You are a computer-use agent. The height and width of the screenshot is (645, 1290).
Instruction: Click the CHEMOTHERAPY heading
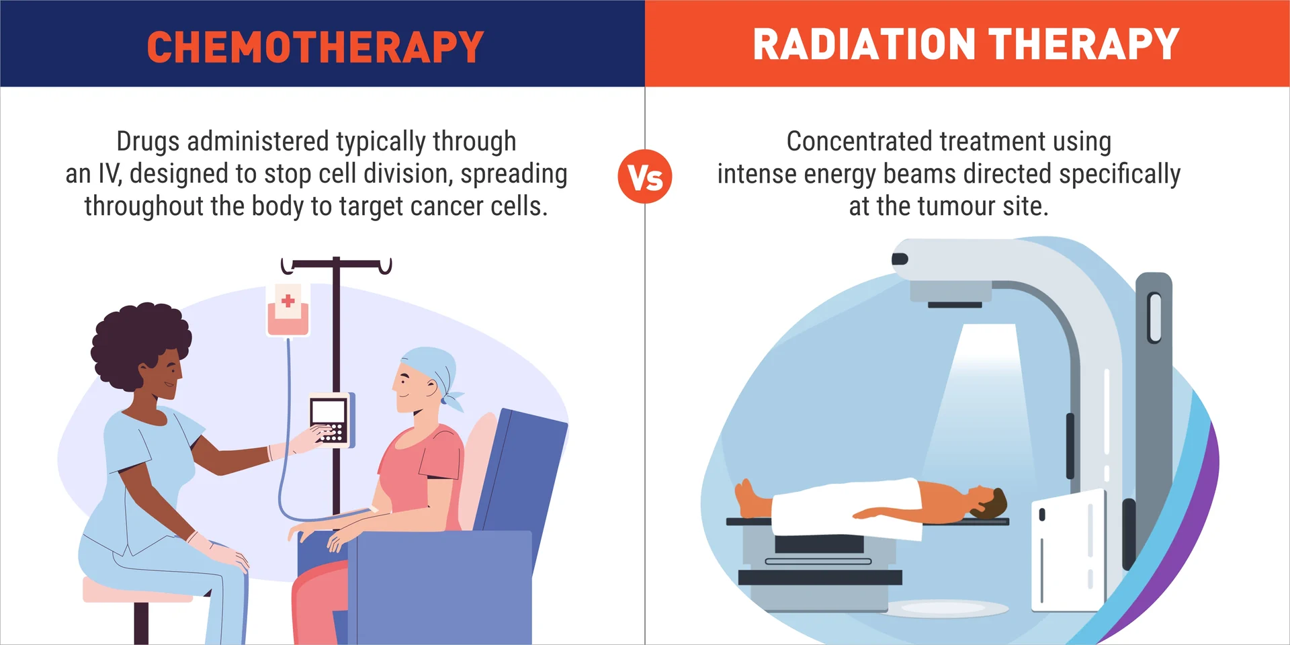coord(315,47)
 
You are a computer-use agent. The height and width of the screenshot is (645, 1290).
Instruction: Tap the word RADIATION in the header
coord(864,44)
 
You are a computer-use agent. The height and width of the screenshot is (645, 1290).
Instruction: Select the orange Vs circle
coord(645,177)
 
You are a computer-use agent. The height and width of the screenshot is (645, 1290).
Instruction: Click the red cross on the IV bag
coord(288,300)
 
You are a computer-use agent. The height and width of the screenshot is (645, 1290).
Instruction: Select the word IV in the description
coord(109,174)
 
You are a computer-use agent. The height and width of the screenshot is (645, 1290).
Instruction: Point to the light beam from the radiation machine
coord(988,403)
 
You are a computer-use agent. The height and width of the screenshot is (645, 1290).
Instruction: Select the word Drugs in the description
coord(148,142)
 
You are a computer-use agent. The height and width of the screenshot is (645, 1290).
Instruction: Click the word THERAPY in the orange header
coord(1084,44)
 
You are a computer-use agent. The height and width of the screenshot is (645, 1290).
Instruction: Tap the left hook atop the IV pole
coord(287,267)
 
